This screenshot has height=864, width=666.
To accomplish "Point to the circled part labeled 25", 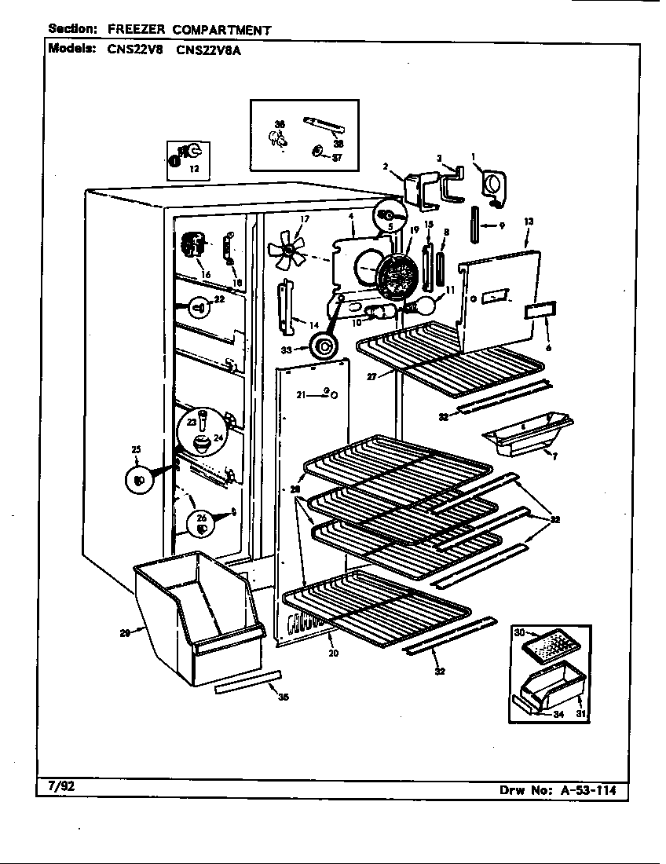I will (x=139, y=480).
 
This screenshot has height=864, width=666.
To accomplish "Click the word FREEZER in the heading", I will (x=134, y=30).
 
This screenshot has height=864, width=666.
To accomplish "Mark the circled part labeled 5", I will (x=387, y=213).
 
